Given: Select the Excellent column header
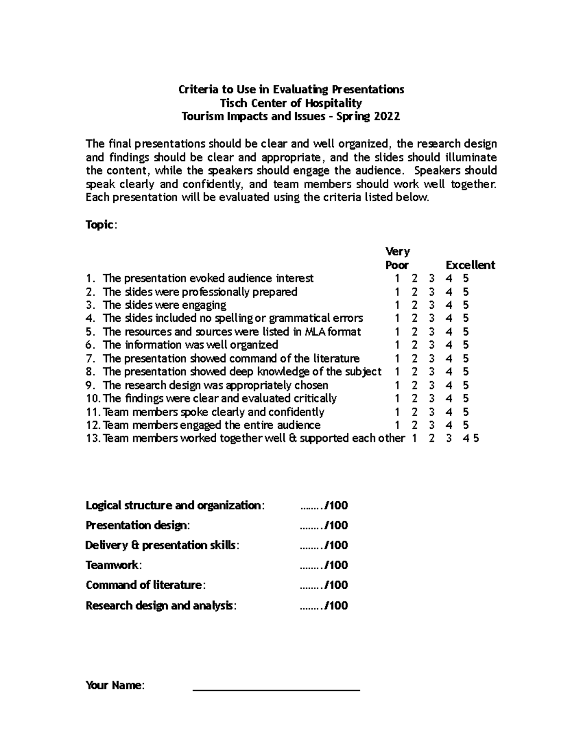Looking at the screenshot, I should coord(470,265).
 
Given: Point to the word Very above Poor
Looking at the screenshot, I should coord(397,251).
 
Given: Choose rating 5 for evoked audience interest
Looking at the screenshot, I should coord(465,279).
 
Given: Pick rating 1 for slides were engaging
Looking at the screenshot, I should coord(397,305).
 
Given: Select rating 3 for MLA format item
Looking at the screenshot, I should coord(432,332).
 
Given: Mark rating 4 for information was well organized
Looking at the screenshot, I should coord(449,345).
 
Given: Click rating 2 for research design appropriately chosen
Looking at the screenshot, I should coord(414,386).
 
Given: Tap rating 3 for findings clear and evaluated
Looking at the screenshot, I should coord(432,399).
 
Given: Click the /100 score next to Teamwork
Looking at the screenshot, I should coord(336,565).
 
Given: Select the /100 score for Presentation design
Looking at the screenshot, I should coord(336,525).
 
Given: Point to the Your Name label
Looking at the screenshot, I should coord(115,685).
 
